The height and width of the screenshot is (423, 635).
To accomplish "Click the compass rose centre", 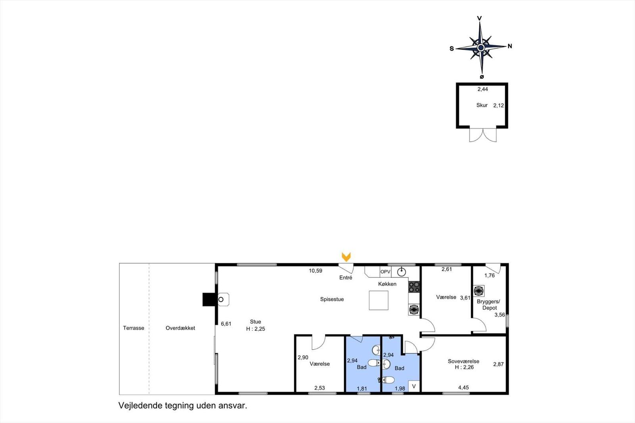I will point(481,48).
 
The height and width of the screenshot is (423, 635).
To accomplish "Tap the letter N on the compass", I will point(510,46).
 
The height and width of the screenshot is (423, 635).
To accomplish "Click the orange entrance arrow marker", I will point(346,257).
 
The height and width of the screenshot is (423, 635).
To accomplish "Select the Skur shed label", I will point(482,105).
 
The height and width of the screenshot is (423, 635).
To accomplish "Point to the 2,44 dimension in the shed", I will point(483,89).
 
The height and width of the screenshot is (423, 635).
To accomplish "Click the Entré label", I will point(346,278).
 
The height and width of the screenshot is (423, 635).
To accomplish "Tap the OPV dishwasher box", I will point(385,272).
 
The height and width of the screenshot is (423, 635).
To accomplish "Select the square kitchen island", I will point(379,300).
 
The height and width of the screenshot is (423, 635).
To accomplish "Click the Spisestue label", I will point(332,299).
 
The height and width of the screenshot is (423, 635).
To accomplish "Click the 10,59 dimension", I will point(316,271).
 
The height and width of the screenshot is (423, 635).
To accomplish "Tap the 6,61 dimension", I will point(226,324).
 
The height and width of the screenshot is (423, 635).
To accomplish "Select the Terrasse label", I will point(133,328).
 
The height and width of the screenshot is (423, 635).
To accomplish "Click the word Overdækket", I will point(180,328).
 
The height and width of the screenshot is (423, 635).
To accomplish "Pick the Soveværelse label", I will point(463,361).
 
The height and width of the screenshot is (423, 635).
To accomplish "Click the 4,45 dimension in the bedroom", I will point(463,388).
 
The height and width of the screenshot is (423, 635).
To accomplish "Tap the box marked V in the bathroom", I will point(414,386).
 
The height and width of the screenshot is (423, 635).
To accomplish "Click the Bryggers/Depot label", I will point(489,305).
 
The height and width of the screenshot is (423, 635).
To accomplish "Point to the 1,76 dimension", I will point(489,276).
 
